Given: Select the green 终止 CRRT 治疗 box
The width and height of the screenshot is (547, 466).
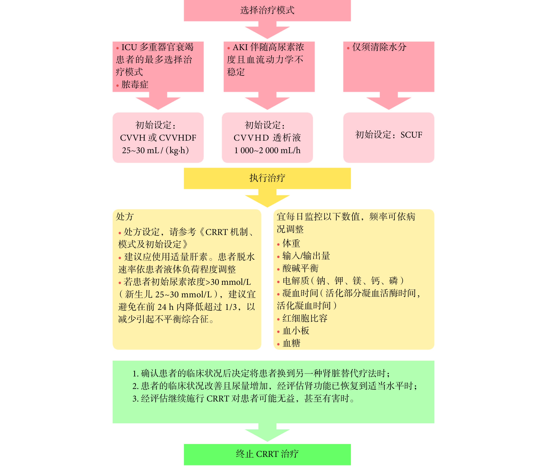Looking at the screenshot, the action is point(267,454).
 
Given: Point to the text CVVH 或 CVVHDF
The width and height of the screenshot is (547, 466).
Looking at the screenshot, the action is point(158,138).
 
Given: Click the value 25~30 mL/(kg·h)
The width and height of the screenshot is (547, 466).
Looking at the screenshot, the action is point(156,150).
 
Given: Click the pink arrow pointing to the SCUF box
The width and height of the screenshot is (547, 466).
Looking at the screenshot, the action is point(389,101).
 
